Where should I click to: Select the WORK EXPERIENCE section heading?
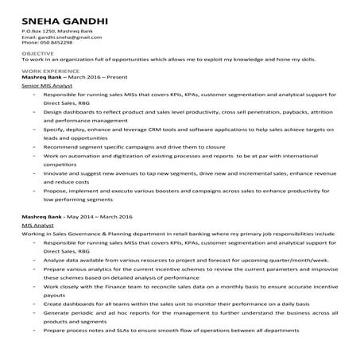click(45, 69)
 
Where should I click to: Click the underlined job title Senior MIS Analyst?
click(48, 83)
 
